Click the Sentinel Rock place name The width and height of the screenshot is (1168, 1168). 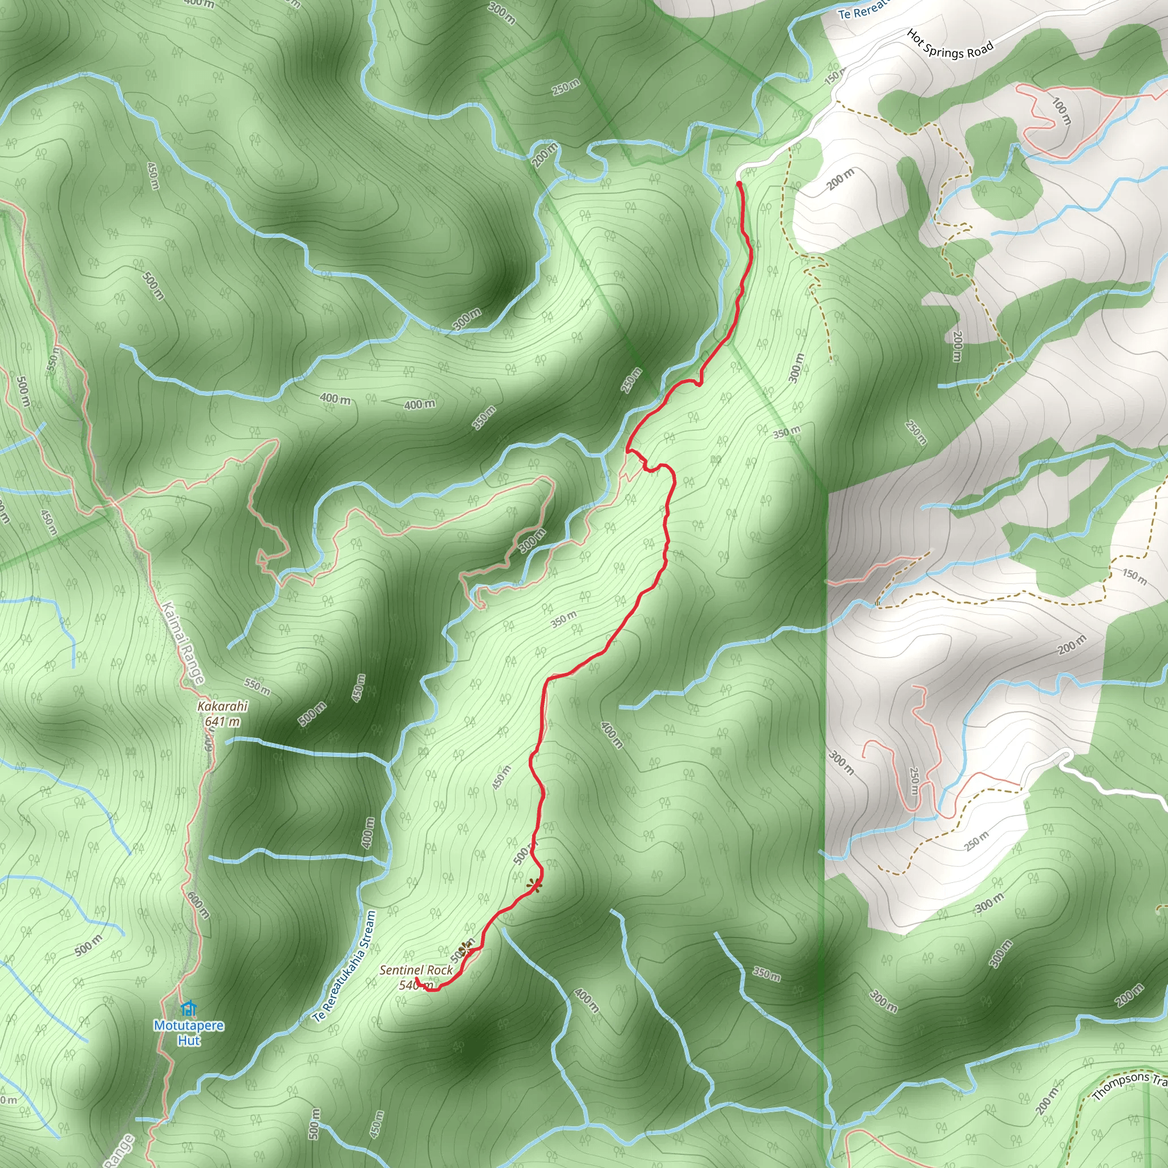coord(416,970)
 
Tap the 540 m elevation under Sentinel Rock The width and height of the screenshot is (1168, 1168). coord(416,985)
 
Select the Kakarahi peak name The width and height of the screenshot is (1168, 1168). coord(222,706)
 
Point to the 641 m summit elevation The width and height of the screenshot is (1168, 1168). coord(222,721)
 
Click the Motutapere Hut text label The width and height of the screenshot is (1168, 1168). coord(189,1033)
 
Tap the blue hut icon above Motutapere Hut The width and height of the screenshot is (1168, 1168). coord(189,1008)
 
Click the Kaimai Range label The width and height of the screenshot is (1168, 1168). coord(183,643)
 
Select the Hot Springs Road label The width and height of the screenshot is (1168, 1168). coord(950,44)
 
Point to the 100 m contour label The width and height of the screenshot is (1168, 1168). coord(1061,111)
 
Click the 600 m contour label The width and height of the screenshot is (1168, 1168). coord(198,906)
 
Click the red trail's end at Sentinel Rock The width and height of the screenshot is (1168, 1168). coord(416,978)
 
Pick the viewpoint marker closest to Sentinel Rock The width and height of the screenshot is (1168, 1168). coord(465,947)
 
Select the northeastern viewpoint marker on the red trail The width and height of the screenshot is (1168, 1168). coord(533,885)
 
